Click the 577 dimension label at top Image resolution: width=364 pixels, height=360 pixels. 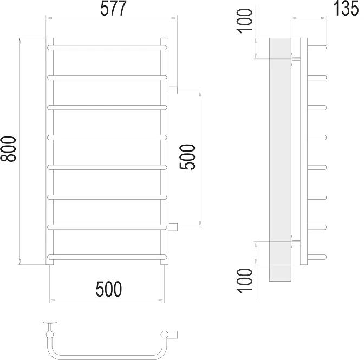[110, 9]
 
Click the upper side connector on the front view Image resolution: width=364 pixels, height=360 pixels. [173, 90]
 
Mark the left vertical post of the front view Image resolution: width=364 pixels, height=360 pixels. [49, 152]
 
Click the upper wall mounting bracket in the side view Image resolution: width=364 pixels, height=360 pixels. [293, 57]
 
